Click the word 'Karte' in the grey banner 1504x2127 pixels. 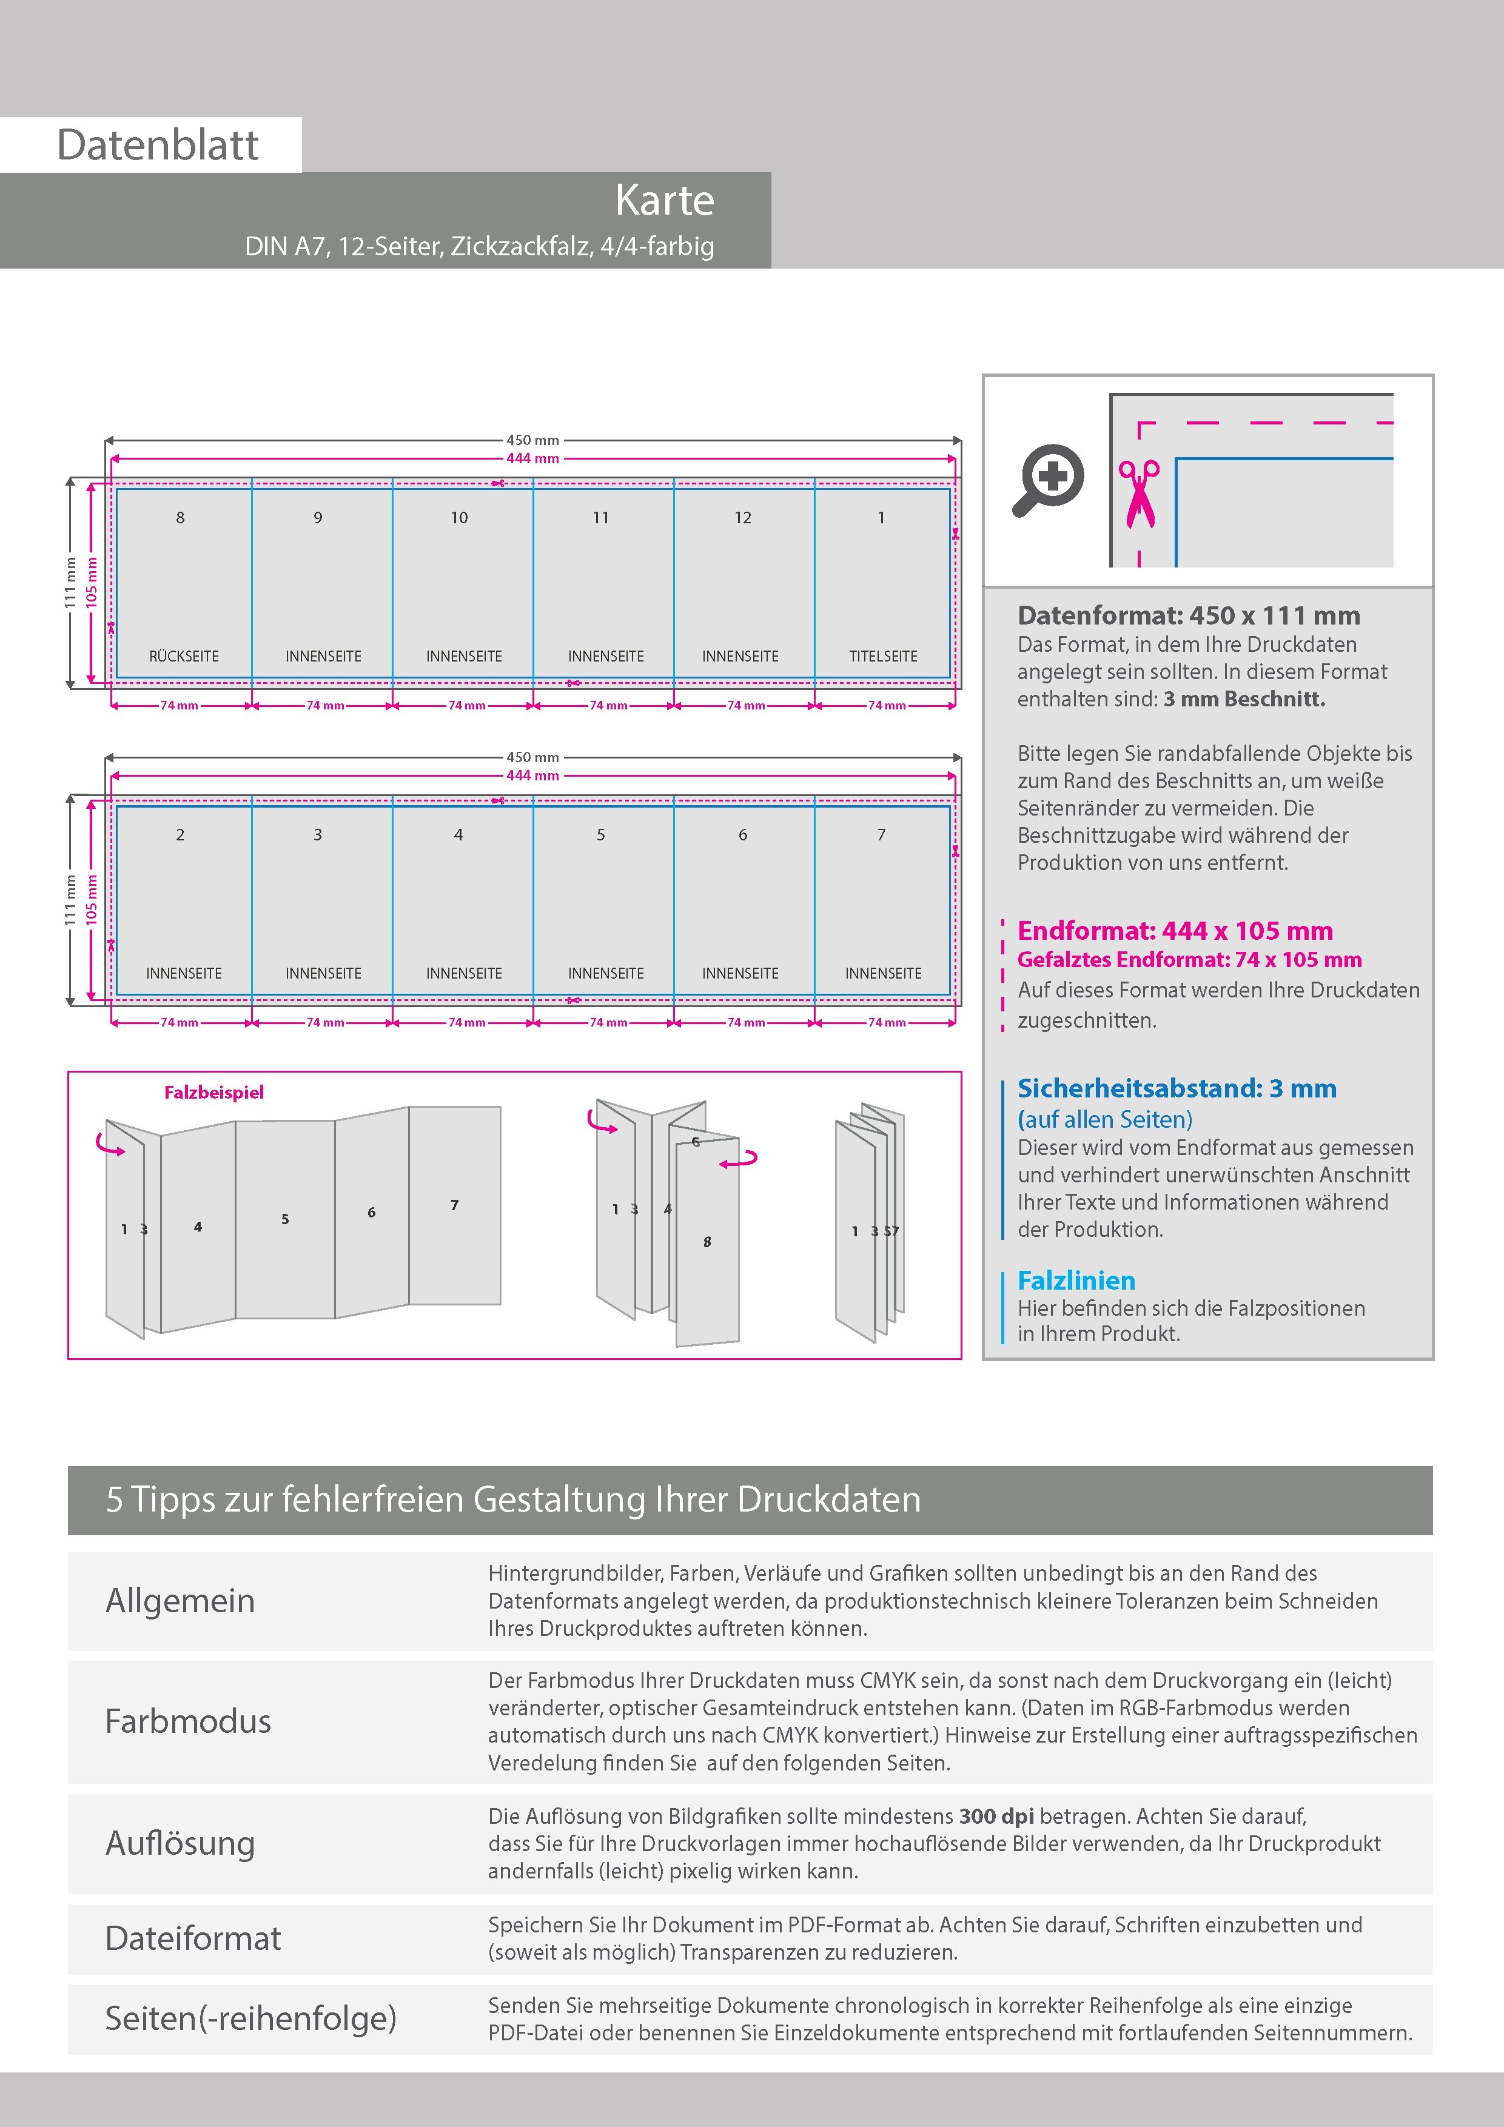(665, 200)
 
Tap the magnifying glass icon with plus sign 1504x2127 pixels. (1048, 480)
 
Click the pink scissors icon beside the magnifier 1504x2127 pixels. (1139, 494)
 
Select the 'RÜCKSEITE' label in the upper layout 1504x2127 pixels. (184, 656)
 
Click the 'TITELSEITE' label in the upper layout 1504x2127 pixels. (883, 656)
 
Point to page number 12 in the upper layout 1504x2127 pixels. (742, 518)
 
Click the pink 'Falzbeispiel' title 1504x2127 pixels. (214, 1092)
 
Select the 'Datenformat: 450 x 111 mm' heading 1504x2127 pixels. (1188, 615)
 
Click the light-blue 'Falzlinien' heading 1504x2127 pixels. (1076, 1281)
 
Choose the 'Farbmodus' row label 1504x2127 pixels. (188, 1721)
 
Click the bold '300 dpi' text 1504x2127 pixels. (996, 1817)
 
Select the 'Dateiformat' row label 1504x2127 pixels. (193, 1938)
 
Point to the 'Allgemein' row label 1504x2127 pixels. (180, 1601)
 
